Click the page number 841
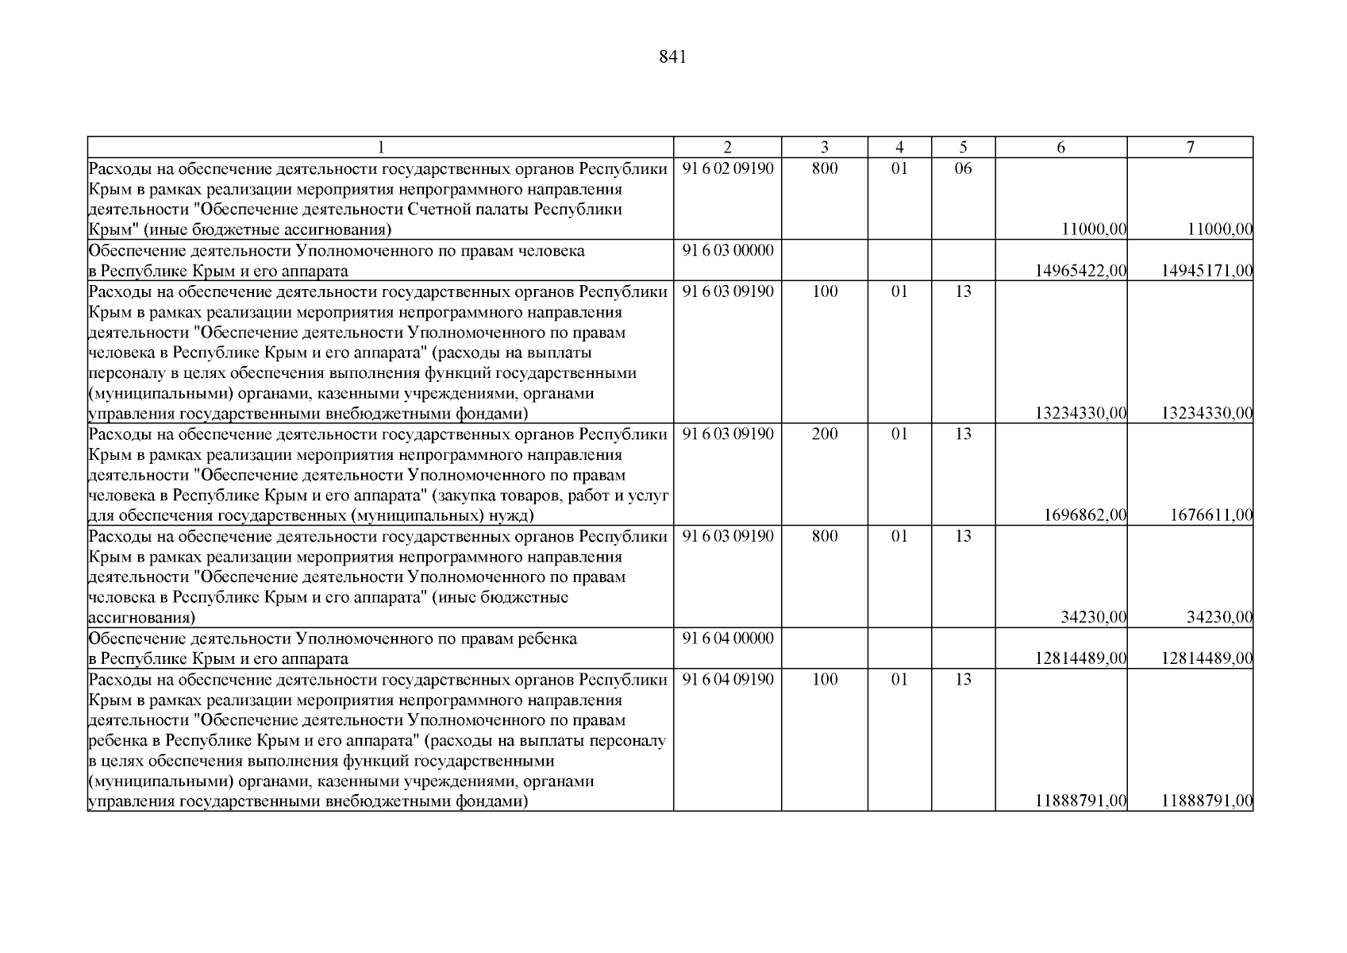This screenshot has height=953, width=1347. pyautogui.click(x=672, y=57)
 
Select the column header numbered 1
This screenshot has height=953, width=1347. pyautogui.click(x=380, y=147)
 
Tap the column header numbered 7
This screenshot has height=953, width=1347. pyautogui.click(x=1190, y=147)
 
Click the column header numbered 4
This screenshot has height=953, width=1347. pyautogui.click(x=899, y=147)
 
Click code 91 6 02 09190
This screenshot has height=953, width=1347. pyautogui.click(x=727, y=168)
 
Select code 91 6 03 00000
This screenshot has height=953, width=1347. pyautogui.click(x=727, y=250)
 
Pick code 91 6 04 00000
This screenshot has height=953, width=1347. pyautogui.click(x=727, y=638)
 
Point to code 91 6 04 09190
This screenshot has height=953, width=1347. pyautogui.click(x=727, y=679)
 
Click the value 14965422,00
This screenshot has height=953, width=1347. pyautogui.click(x=1080, y=271)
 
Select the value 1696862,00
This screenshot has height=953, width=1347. pyautogui.click(x=1085, y=515)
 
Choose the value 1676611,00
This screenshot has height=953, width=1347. pyautogui.click(x=1211, y=515)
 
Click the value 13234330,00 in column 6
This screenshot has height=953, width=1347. pyautogui.click(x=1080, y=413)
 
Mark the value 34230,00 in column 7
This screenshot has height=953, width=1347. pyautogui.click(x=1220, y=617)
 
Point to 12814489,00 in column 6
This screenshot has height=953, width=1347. pyautogui.click(x=1080, y=658)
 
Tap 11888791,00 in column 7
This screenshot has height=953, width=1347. pyautogui.click(x=1207, y=801)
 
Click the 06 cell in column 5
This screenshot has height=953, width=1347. pyautogui.click(x=963, y=168)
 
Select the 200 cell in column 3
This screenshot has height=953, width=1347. pyautogui.click(x=825, y=434)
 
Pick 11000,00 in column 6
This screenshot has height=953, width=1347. pyautogui.click(x=1094, y=230)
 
